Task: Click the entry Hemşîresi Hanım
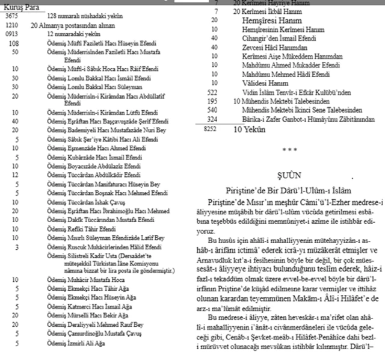[260, 20]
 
